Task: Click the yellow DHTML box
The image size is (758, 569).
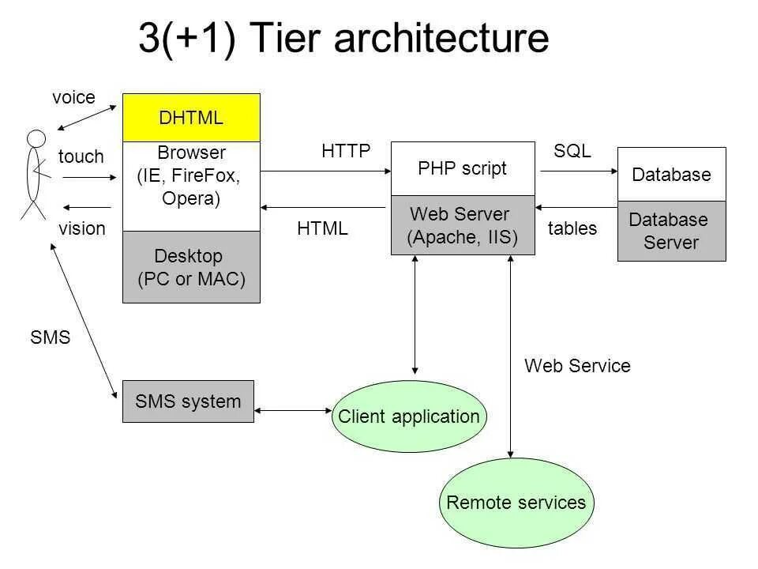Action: coord(191,118)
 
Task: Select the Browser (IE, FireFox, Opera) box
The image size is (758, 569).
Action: coord(191,185)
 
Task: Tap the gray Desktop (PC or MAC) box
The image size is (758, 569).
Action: coord(191,267)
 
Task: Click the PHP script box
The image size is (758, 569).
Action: coord(463,168)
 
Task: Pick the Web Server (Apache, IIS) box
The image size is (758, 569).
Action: coord(463,225)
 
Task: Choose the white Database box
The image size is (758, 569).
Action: coord(671,175)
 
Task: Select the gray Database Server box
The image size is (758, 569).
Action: coord(671,231)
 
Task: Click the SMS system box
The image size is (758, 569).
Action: coord(188,401)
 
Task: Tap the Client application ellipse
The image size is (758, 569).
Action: coord(408,416)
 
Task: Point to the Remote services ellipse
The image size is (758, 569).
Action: coord(516,503)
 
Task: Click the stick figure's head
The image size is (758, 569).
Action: coord(36,138)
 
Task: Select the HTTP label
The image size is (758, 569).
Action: coord(346,152)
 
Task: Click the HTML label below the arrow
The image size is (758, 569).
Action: coord(322,229)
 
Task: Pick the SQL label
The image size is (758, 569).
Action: coord(572,152)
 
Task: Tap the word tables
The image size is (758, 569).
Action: coord(572,229)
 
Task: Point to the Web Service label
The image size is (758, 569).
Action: coord(577,366)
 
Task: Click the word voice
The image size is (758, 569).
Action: coord(73,98)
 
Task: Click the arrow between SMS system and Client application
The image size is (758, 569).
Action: coord(293,410)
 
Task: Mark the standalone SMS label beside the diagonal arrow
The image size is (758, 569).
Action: coord(51,338)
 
